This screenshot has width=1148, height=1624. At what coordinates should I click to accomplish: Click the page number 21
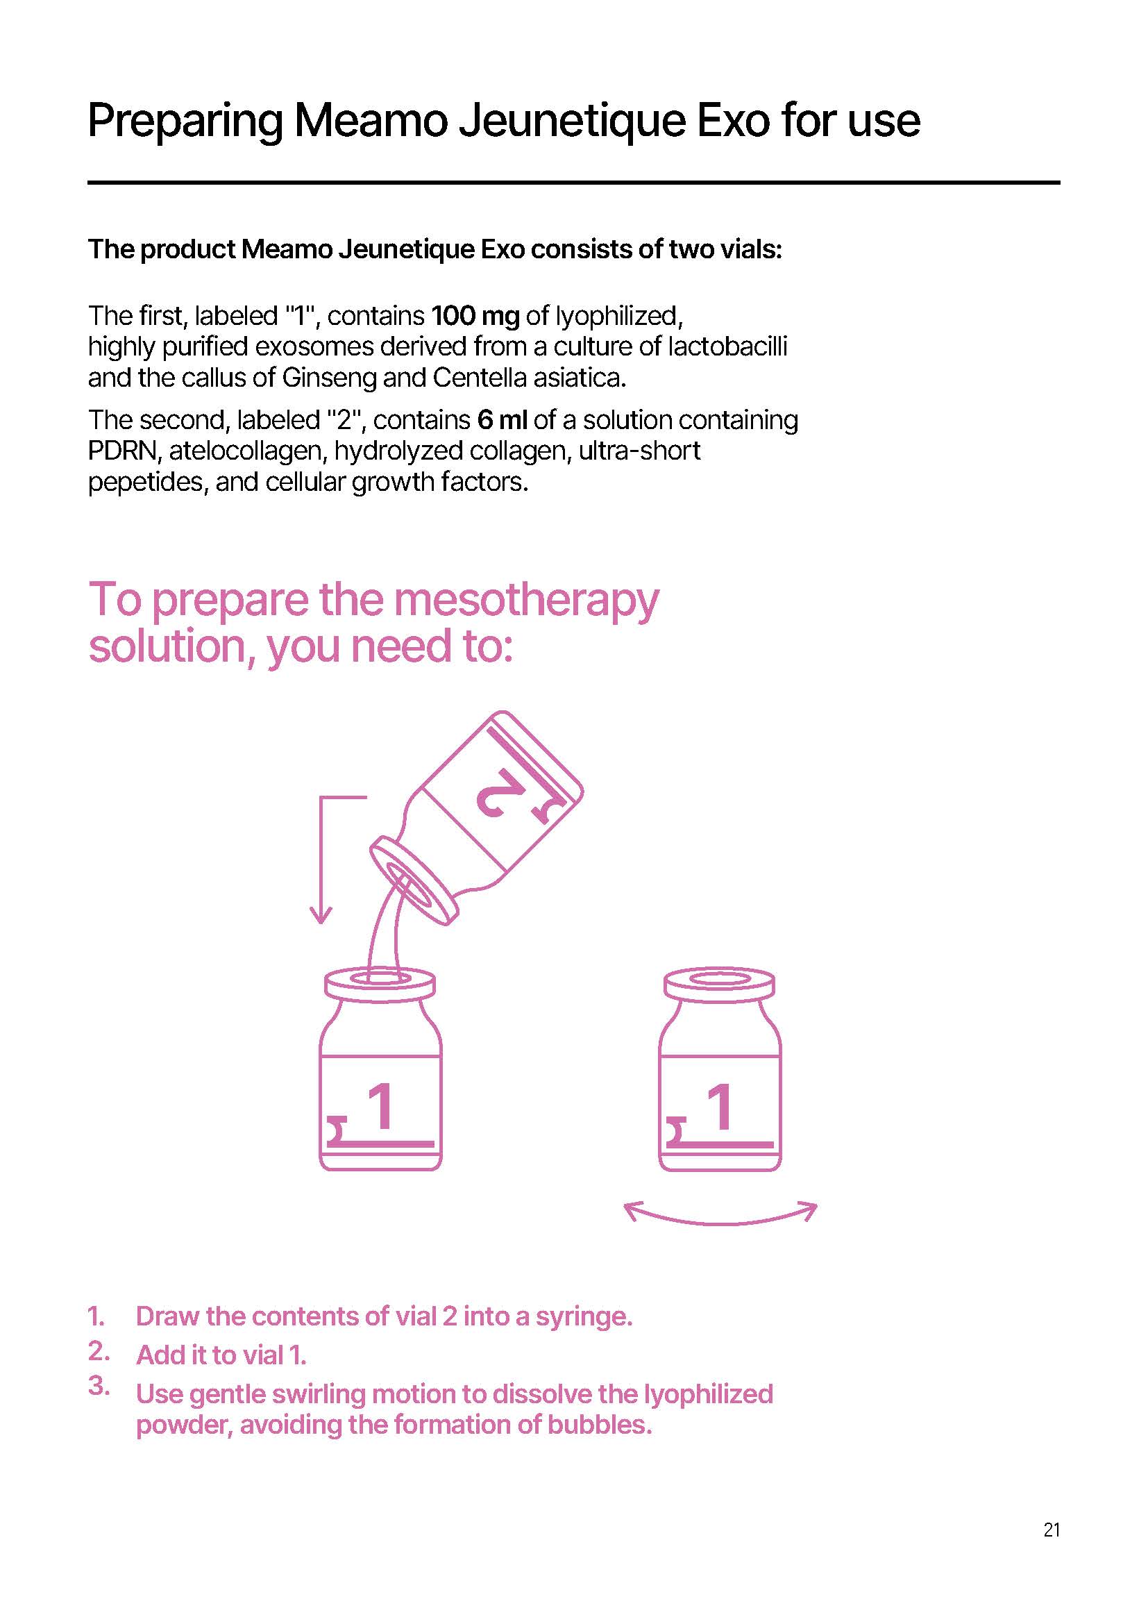(x=1051, y=1530)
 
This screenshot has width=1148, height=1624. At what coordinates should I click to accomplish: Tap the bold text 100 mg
(x=475, y=315)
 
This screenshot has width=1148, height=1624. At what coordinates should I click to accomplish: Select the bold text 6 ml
(x=502, y=419)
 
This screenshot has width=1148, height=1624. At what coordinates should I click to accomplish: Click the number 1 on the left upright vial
(x=381, y=1106)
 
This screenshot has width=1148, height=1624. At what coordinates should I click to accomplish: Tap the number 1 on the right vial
(x=720, y=1106)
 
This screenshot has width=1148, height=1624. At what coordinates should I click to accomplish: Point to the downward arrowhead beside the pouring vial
(x=321, y=914)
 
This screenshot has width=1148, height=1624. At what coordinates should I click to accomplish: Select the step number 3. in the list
(x=99, y=1386)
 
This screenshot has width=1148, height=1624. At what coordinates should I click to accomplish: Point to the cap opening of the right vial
(x=720, y=979)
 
